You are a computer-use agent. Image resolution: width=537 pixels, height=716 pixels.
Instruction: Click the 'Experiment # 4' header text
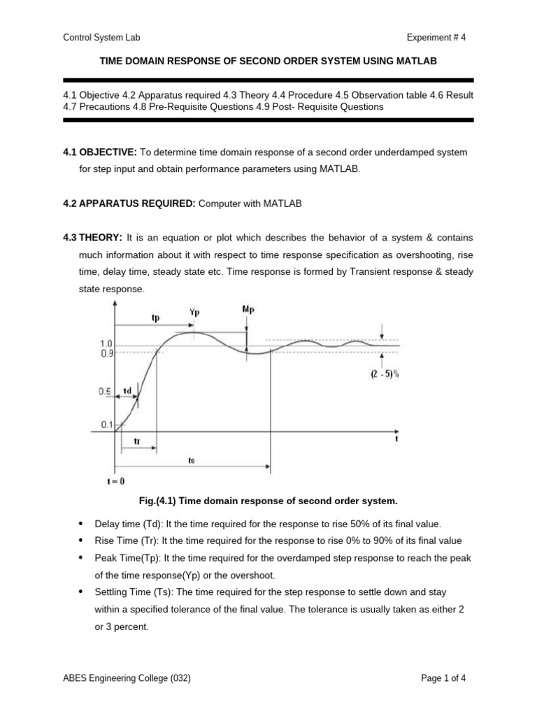(x=436, y=38)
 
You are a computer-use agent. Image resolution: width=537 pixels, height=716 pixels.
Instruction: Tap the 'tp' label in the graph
(x=155, y=317)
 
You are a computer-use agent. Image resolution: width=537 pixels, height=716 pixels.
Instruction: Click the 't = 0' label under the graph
(x=115, y=481)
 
